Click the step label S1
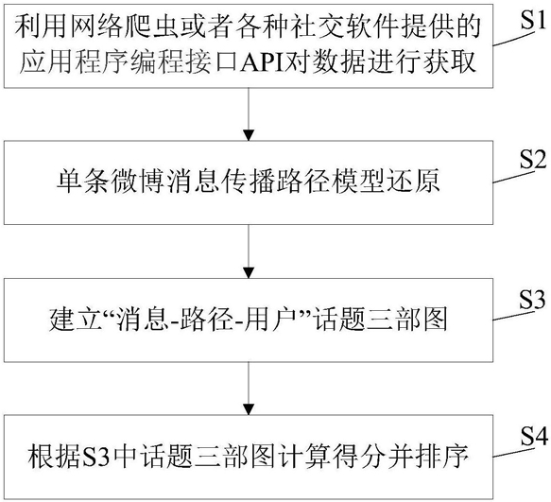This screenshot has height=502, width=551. click(x=531, y=22)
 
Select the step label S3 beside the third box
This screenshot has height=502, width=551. click(x=531, y=299)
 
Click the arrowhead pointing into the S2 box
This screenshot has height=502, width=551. click(x=249, y=135)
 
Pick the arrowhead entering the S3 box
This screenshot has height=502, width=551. click(x=249, y=273)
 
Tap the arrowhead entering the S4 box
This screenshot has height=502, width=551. click(x=249, y=410)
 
